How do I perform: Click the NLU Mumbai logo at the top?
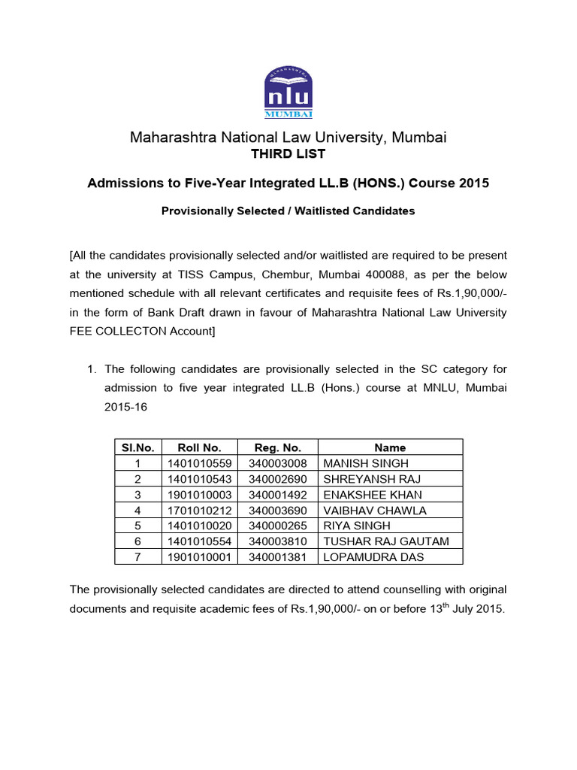(288, 92)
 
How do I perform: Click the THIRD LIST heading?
(288, 154)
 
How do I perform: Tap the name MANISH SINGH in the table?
(365, 463)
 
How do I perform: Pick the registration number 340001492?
(277, 495)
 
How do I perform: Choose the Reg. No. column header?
(277, 447)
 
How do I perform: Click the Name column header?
(390, 447)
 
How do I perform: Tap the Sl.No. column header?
(137, 447)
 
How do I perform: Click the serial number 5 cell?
(137, 526)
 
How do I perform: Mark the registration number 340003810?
(277, 541)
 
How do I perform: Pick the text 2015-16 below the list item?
(125, 406)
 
